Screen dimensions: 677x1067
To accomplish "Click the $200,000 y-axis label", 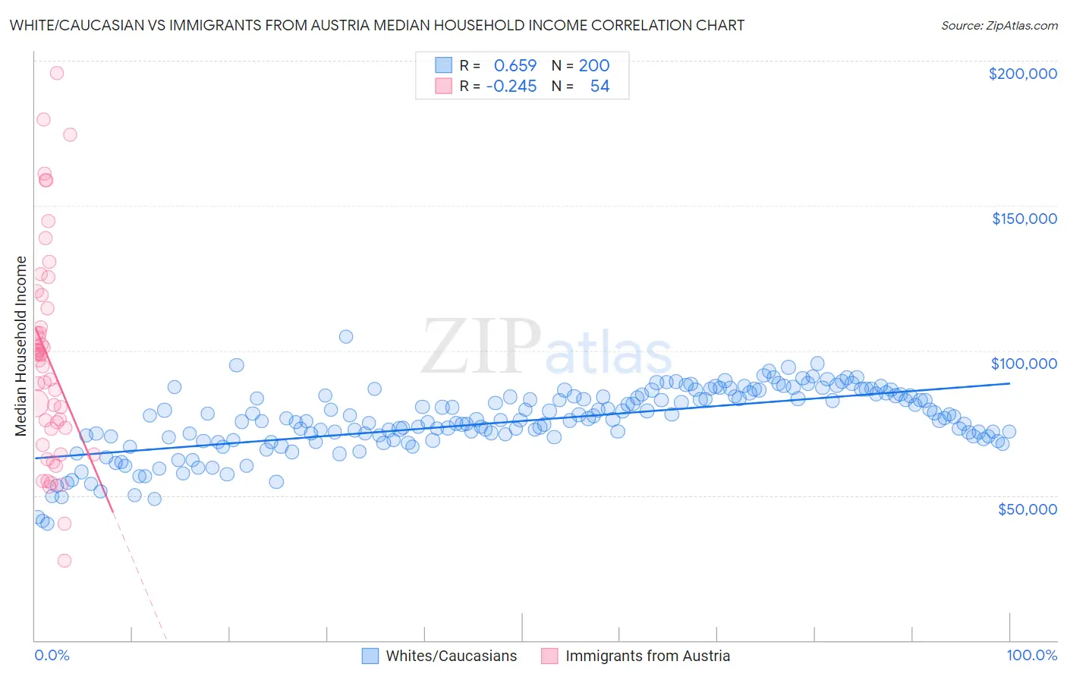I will (x=1022, y=74).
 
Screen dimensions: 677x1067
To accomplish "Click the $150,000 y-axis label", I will (x=1024, y=219).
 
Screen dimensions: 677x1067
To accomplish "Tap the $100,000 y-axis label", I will (x=1024, y=364).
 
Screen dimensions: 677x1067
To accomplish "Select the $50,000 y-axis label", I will (x=1027, y=509).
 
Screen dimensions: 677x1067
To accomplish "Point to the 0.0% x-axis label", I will (x=52, y=655).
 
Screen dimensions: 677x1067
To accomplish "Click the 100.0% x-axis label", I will (x=1031, y=655).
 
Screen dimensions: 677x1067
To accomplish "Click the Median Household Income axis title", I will (x=20, y=346).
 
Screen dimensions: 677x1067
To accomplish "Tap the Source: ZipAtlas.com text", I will (x=999, y=25).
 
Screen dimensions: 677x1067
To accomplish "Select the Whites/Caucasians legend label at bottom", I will (x=451, y=656).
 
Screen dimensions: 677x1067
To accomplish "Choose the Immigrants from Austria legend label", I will (x=647, y=656).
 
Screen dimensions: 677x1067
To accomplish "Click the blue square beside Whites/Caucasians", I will (x=370, y=656).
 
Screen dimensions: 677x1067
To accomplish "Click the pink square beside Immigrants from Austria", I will (x=549, y=656).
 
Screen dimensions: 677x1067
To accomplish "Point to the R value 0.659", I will (x=515, y=65).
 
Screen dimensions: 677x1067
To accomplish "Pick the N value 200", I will (x=594, y=65).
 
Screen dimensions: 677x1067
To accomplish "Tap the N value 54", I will (x=600, y=86).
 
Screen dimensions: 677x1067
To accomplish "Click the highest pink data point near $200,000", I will (x=56, y=73).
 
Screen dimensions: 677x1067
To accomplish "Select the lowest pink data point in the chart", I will (x=65, y=560).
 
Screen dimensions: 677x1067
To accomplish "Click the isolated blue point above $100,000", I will (x=346, y=336).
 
